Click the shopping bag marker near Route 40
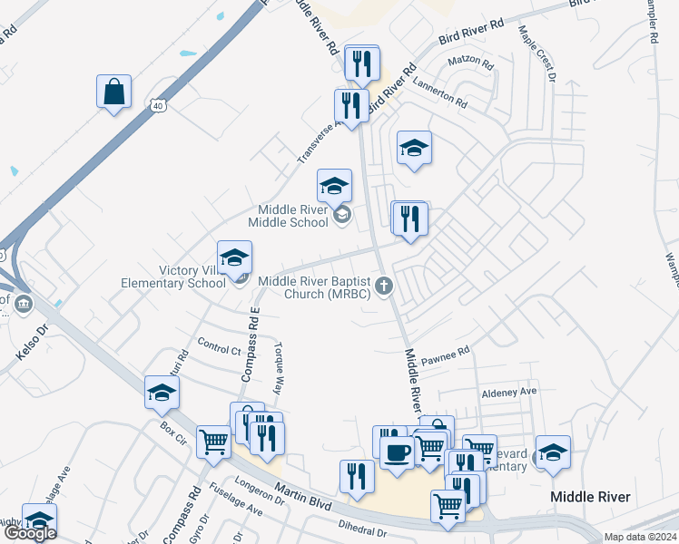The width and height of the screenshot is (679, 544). (x=114, y=92)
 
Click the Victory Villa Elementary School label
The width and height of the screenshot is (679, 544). (x=173, y=277)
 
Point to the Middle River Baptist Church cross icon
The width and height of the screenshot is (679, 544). (x=384, y=287)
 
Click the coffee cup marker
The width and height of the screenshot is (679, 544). (x=398, y=452)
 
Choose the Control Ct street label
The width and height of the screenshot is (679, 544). (x=219, y=348)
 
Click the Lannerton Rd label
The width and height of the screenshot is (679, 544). (x=440, y=92)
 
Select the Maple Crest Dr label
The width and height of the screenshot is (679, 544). (x=536, y=53)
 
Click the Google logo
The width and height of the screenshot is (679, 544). (x=31, y=533)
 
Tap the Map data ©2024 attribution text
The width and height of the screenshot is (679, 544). (x=640, y=537)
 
